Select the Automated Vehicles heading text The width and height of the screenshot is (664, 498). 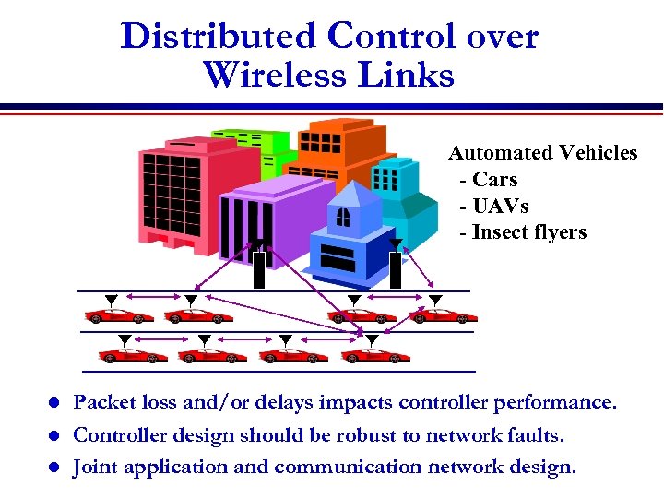(542, 153)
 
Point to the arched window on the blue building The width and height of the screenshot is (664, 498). (343, 217)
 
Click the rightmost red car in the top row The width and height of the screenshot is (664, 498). (443, 316)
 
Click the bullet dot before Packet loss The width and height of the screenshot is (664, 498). (54, 404)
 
